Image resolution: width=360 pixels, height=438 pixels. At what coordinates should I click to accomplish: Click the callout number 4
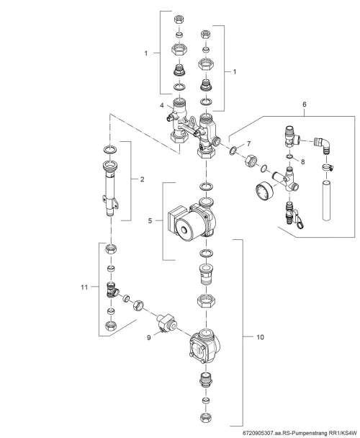(162, 105)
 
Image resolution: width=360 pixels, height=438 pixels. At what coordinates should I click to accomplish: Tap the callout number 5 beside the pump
(150, 220)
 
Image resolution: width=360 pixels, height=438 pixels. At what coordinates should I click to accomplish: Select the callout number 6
(304, 104)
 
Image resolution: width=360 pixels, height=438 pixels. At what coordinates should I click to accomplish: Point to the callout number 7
(248, 144)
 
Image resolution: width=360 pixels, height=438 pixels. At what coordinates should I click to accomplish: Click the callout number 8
(302, 161)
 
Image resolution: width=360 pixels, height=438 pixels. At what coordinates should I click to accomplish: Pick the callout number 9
(149, 337)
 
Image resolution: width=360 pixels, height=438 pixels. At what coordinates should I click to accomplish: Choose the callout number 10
(260, 337)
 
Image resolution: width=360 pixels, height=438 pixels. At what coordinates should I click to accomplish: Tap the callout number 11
(84, 287)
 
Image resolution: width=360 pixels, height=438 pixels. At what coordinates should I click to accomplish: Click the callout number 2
(142, 179)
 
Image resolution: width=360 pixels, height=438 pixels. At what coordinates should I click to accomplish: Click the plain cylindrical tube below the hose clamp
(326, 200)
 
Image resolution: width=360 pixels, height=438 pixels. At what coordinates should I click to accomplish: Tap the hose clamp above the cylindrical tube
(327, 168)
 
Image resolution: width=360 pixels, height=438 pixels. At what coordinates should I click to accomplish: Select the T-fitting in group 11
(112, 290)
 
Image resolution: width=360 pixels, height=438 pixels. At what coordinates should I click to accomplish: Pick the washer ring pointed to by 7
(233, 151)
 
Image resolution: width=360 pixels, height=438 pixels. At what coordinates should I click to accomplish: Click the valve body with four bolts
(203, 346)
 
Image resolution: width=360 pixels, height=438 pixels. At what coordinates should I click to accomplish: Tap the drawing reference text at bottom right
(300, 433)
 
